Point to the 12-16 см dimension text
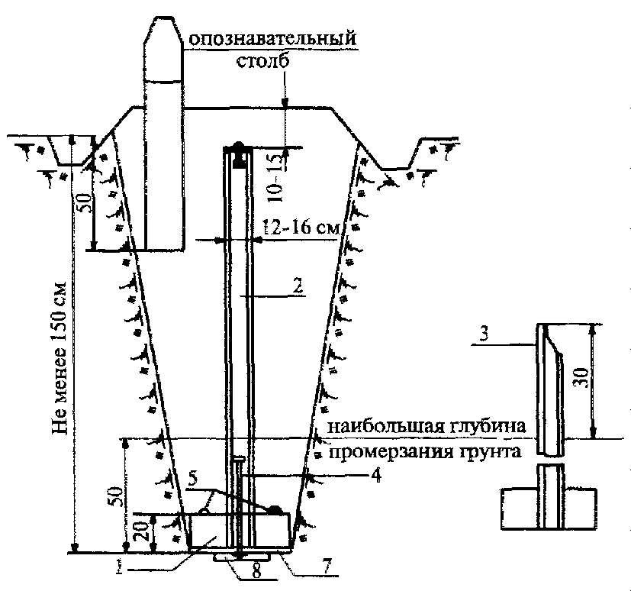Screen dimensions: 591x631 pos(301,228)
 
